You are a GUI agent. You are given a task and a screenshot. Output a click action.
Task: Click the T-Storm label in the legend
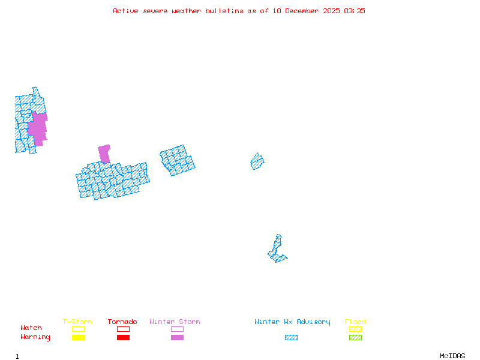(x=77, y=322)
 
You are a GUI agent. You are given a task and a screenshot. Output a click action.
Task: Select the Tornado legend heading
(x=122, y=322)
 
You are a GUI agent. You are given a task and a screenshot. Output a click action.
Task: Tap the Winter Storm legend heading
(x=175, y=322)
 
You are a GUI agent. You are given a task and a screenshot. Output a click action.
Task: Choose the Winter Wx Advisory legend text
(x=292, y=322)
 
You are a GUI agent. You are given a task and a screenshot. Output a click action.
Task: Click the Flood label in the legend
(x=355, y=322)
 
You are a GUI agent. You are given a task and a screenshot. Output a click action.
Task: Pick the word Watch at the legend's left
(x=31, y=328)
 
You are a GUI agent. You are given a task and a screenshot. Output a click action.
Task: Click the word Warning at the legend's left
(x=35, y=337)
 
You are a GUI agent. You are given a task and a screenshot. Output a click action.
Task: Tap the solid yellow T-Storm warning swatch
(x=78, y=337)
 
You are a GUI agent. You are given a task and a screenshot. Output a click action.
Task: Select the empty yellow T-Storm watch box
(x=78, y=329)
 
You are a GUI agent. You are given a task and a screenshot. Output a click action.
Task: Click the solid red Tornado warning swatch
(x=123, y=337)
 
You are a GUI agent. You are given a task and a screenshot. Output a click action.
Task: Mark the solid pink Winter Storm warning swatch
(x=177, y=337)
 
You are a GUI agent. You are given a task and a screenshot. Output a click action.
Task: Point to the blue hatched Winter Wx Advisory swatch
(x=291, y=337)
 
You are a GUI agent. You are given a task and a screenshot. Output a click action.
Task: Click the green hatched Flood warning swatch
(x=355, y=337)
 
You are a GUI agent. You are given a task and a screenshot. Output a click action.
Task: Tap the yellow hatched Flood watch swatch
(x=355, y=329)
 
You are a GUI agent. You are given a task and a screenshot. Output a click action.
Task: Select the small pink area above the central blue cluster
(x=104, y=153)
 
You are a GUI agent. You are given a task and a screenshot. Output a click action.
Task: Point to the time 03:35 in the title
(x=355, y=11)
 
